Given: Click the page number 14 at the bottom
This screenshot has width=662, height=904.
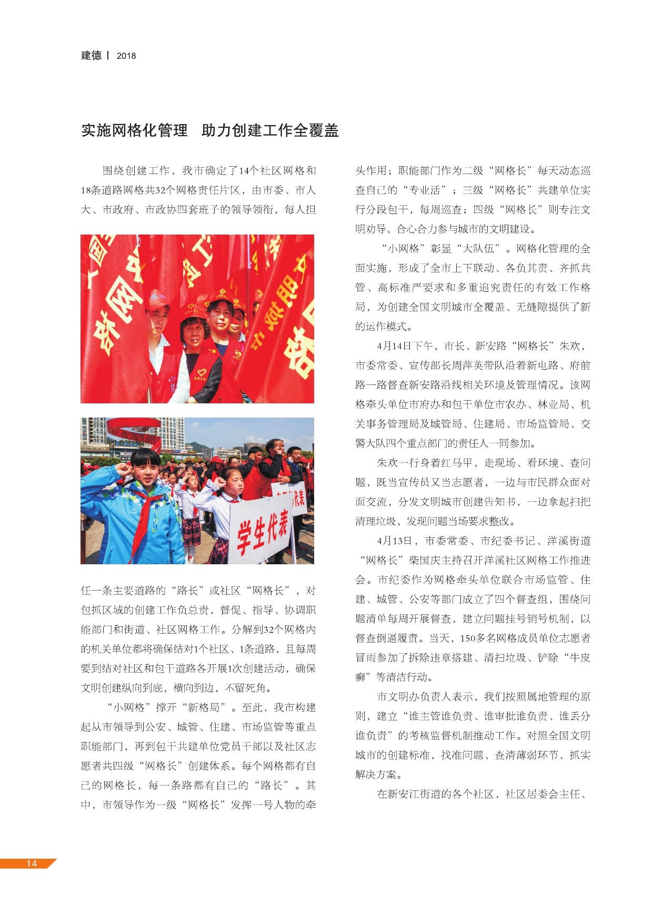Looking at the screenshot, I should click(x=32, y=864).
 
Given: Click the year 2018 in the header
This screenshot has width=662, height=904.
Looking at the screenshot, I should click(x=126, y=56).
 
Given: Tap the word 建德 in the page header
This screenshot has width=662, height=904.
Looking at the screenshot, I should click(x=91, y=55).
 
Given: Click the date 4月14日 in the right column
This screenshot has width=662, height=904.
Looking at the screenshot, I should click(x=394, y=346).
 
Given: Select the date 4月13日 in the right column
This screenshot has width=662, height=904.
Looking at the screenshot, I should click(x=394, y=541).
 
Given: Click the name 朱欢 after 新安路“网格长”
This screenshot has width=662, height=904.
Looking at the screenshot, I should click(x=569, y=346).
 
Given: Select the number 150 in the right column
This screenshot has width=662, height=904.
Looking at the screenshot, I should click(x=468, y=638).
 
